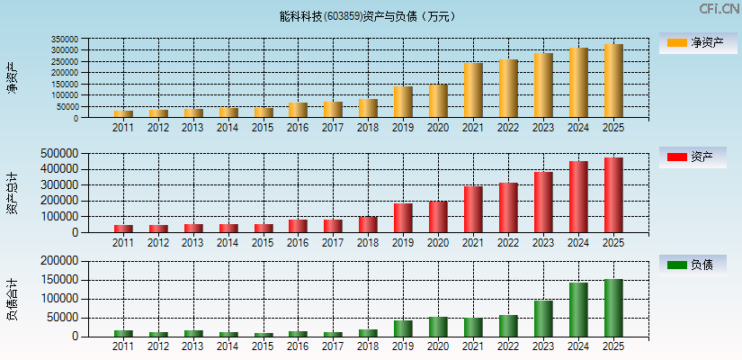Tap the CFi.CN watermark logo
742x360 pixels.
click(x=719, y=9)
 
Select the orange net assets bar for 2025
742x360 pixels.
click(x=613, y=81)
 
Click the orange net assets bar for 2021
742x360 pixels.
click(x=473, y=90)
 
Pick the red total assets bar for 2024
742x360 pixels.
click(x=578, y=197)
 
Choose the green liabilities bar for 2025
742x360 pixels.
click(x=613, y=308)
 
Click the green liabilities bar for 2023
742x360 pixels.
click(x=543, y=319)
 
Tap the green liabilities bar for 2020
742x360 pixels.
click(x=438, y=327)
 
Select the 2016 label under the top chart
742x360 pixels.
click(x=298, y=128)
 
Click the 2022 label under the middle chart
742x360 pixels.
click(x=508, y=243)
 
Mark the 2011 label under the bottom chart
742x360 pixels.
click(x=123, y=346)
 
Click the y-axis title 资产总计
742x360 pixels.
click(x=13, y=193)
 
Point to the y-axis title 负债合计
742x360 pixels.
click(x=13, y=299)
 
